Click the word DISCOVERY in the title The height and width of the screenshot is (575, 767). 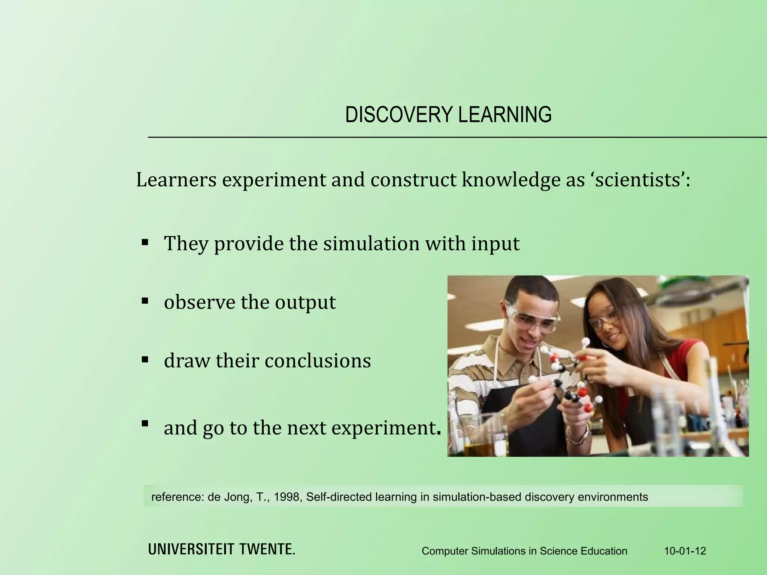399,115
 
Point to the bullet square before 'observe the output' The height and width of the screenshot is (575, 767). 145,300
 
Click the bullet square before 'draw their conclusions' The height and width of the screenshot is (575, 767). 145,359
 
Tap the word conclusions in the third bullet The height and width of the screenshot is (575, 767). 318,361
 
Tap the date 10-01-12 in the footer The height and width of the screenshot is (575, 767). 685,551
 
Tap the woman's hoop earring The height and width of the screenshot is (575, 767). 605,343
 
